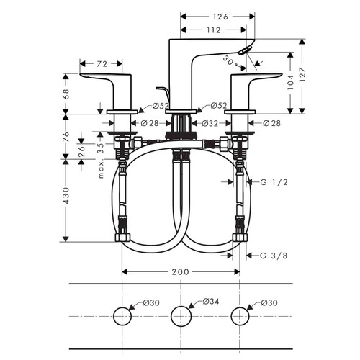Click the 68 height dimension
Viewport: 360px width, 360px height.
click(67, 93)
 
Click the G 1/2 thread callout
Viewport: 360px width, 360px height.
click(274, 182)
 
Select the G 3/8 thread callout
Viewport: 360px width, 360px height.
click(274, 255)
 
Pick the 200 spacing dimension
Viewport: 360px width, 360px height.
click(181, 271)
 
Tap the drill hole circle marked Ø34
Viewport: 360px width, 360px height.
click(180, 315)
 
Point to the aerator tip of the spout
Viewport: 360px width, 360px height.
click(246, 50)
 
